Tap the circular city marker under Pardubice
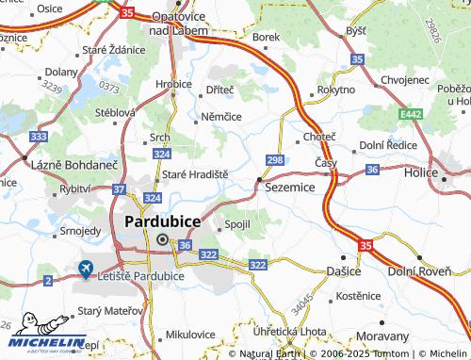[x=162, y=239]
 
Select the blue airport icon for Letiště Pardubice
[x=87, y=269]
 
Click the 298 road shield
[x=275, y=160]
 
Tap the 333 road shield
[x=39, y=137]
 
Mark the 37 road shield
[x=119, y=189]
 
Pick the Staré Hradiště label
[x=196, y=175]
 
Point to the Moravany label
[x=383, y=336]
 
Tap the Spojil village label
[x=235, y=225]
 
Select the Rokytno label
[x=335, y=90]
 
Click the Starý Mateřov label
[x=106, y=309]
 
